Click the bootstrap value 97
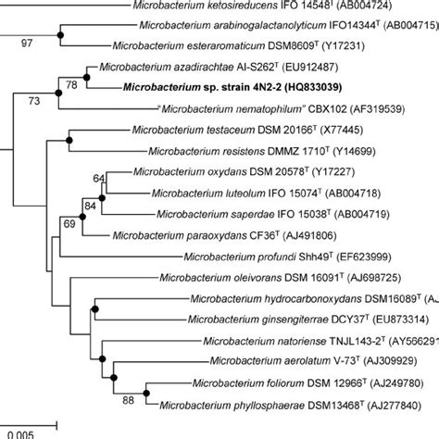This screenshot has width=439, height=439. [27, 41]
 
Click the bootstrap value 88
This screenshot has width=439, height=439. [128, 399]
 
